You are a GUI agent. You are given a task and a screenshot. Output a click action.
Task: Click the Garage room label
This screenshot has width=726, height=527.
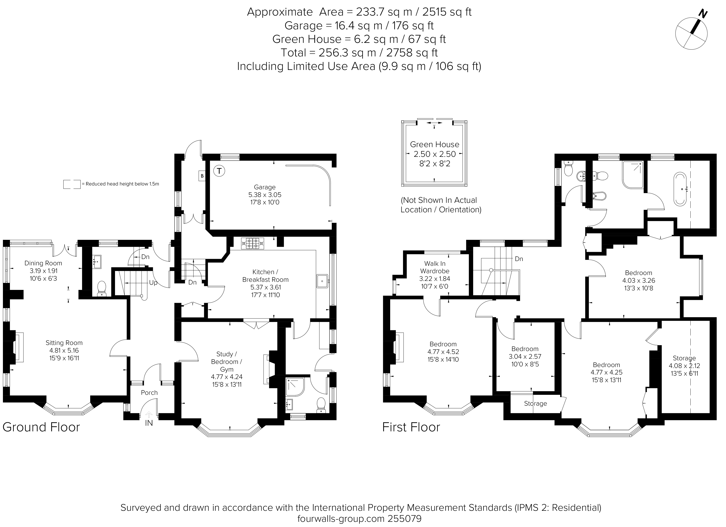(264, 187)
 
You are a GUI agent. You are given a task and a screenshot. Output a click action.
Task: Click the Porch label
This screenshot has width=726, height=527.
(149, 393)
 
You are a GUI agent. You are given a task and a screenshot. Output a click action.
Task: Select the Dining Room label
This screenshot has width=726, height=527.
(43, 263)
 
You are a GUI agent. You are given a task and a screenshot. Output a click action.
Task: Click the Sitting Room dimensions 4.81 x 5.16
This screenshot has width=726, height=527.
(64, 350)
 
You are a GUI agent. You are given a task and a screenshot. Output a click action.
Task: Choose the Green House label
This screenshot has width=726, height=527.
(434, 144)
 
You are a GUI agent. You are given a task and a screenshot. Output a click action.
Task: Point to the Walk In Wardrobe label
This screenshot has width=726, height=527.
(434, 267)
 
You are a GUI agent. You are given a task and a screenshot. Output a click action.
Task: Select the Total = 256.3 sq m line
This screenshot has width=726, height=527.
(359, 53)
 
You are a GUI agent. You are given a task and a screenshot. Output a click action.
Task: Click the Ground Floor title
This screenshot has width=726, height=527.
(41, 427)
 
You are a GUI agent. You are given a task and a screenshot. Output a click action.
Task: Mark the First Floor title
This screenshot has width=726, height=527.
(411, 427)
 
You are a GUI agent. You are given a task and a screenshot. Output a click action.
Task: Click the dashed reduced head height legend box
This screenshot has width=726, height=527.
(72, 184)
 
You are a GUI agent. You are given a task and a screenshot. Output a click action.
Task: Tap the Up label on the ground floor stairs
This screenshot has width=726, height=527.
(153, 283)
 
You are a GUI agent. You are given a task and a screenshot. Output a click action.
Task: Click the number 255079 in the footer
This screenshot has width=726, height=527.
(404, 519)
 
